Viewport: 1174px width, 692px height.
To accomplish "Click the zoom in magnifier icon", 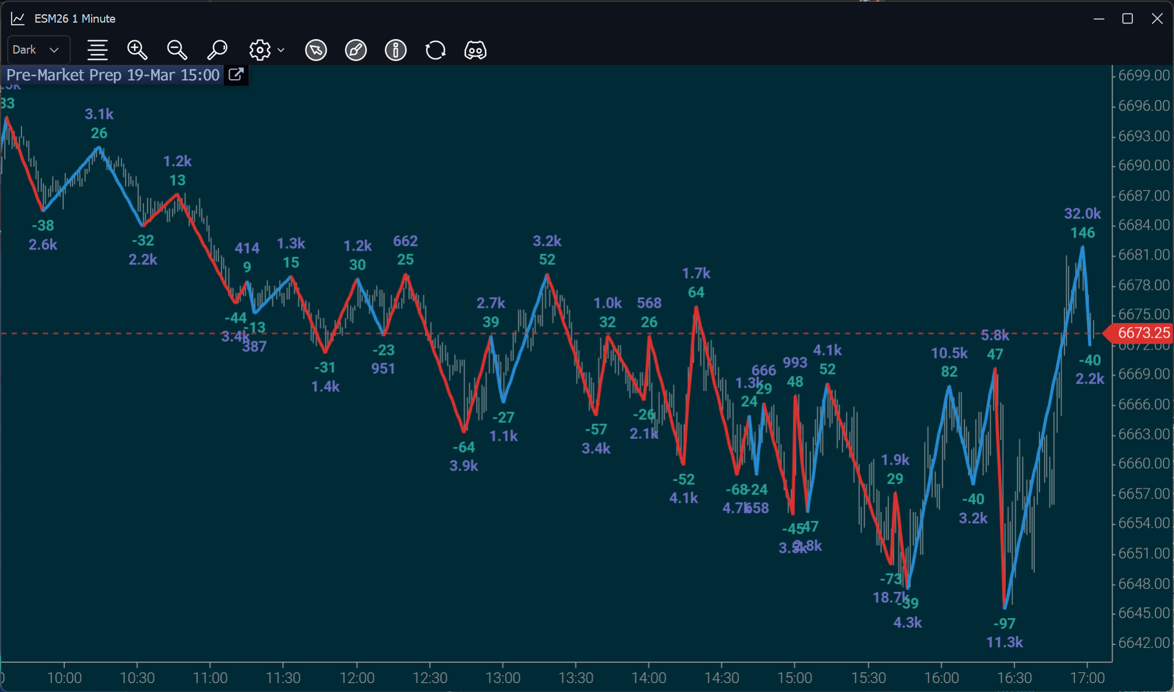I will tap(137, 50).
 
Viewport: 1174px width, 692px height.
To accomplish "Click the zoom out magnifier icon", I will tap(177, 50).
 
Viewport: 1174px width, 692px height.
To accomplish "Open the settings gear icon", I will tap(260, 50).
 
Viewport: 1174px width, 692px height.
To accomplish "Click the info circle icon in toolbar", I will tap(395, 50).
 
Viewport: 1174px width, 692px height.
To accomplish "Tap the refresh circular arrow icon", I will tap(435, 50).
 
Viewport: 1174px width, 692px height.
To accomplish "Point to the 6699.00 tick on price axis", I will tap(1143, 76).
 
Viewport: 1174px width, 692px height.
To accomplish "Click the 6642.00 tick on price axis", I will tap(1143, 643).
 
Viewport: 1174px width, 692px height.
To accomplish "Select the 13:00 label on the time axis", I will tap(503, 678).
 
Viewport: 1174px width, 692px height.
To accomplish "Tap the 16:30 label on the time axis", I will tap(1014, 678).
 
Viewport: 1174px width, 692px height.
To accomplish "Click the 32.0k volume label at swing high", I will tap(1082, 214).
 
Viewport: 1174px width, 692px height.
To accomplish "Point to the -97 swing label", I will tap(1004, 624).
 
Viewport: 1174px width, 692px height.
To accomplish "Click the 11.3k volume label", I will tap(1004, 642).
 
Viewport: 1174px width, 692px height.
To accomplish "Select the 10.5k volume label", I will tap(948, 353).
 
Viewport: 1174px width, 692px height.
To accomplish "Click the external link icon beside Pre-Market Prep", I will tap(236, 75).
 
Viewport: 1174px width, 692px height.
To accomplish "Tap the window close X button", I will tap(1157, 18).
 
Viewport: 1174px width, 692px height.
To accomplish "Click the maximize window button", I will tap(1127, 18).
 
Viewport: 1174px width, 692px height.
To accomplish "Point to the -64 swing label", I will tap(464, 447).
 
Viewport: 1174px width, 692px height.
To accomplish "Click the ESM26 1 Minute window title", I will tap(74, 18).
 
